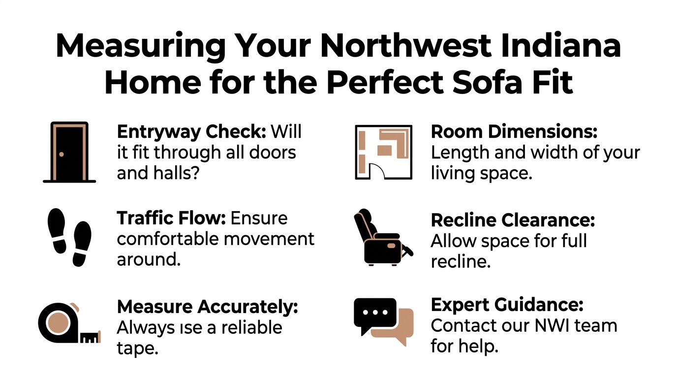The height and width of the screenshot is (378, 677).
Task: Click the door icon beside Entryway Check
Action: tap(69, 152)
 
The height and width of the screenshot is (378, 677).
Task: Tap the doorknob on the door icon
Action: tap(62, 154)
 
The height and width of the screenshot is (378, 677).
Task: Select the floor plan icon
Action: tap(384, 152)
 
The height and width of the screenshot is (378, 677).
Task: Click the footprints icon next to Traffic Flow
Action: tap(69, 237)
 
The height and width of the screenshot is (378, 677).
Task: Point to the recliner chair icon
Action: tap(383, 237)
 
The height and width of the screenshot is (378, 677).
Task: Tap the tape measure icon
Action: tap(69, 323)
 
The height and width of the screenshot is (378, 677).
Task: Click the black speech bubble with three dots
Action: tap(375, 315)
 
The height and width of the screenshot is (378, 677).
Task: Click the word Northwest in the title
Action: tap(405, 46)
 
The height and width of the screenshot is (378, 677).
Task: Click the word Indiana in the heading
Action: tap(561, 46)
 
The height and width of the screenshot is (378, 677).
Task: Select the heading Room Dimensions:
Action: tap(514, 132)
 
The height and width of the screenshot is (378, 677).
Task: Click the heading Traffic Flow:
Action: tap(171, 219)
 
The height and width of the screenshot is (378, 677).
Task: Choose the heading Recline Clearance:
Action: tap(513, 220)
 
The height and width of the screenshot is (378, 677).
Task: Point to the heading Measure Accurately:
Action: tap(208, 307)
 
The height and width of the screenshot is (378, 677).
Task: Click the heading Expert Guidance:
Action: tap(507, 305)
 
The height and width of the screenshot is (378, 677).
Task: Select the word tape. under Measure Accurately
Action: tap(138, 348)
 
